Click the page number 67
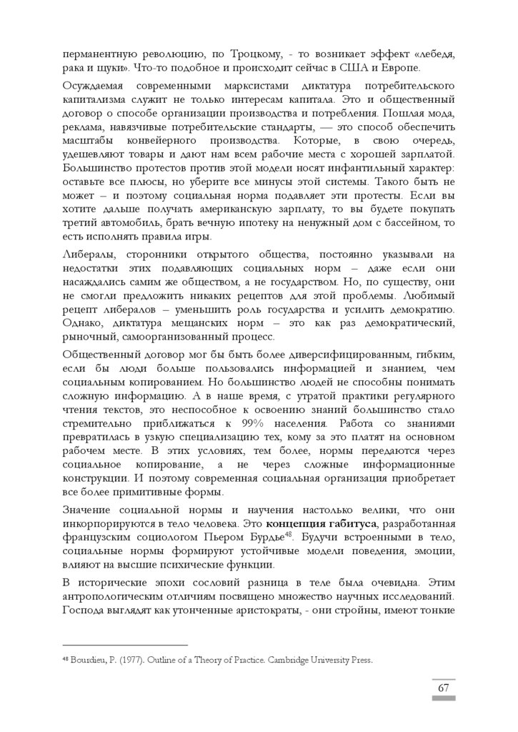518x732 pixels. pos(443,688)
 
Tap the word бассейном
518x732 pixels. pos(409,224)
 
